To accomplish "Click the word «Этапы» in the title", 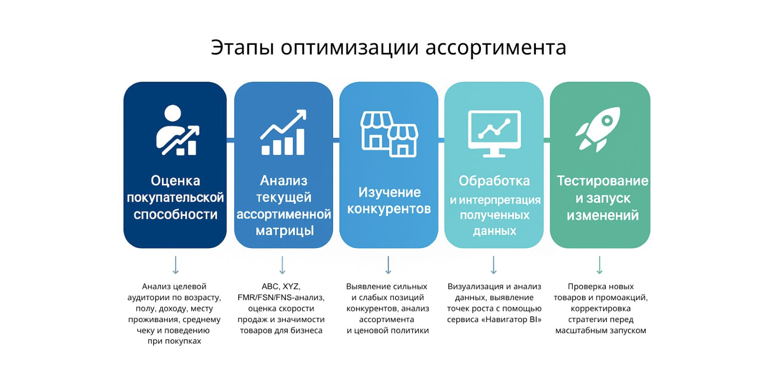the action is [243, 48].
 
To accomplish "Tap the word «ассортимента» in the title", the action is [495, 48].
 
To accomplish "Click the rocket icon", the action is [598, 129].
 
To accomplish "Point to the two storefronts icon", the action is [389, 134].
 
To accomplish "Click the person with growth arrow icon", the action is [177, 130].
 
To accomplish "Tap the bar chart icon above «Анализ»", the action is [283, 132].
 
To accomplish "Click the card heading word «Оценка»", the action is [176, 180].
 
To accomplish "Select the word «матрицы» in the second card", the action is [285, 231].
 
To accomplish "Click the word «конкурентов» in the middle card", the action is [389, 209].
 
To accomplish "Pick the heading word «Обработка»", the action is [494, 180].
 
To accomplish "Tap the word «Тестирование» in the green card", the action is [602, 180].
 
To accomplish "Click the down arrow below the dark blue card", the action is [176, 266].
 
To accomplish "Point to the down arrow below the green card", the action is [600, 266].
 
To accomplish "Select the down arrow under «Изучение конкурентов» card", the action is [389, 266].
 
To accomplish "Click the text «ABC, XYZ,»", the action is [281, 287].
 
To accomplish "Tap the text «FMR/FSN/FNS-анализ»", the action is [280, 298].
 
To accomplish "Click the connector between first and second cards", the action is [230, 140].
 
